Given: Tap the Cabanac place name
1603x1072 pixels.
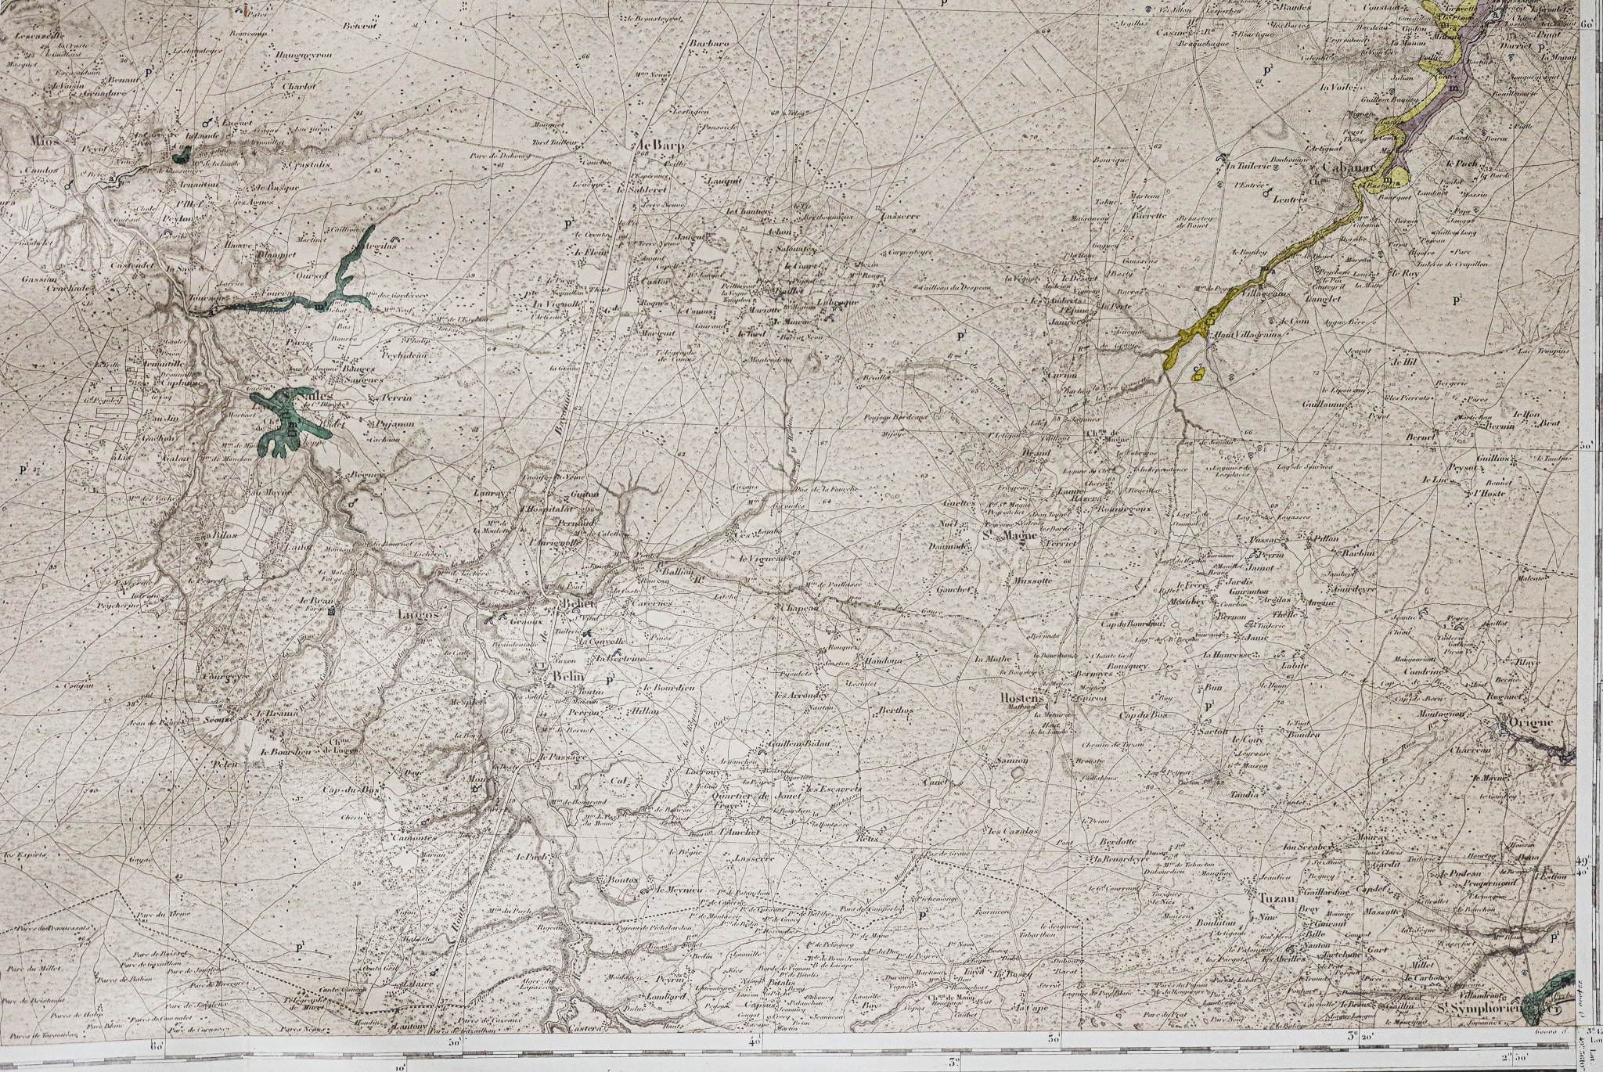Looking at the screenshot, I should click(1344, 167).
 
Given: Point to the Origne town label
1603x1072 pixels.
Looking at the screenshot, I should click(1531, 722).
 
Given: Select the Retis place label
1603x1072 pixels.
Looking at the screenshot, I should click(868, 837).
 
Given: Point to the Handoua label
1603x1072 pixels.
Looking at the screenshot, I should click(883, 660).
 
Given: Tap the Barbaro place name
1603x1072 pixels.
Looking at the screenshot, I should click(709, 45).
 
